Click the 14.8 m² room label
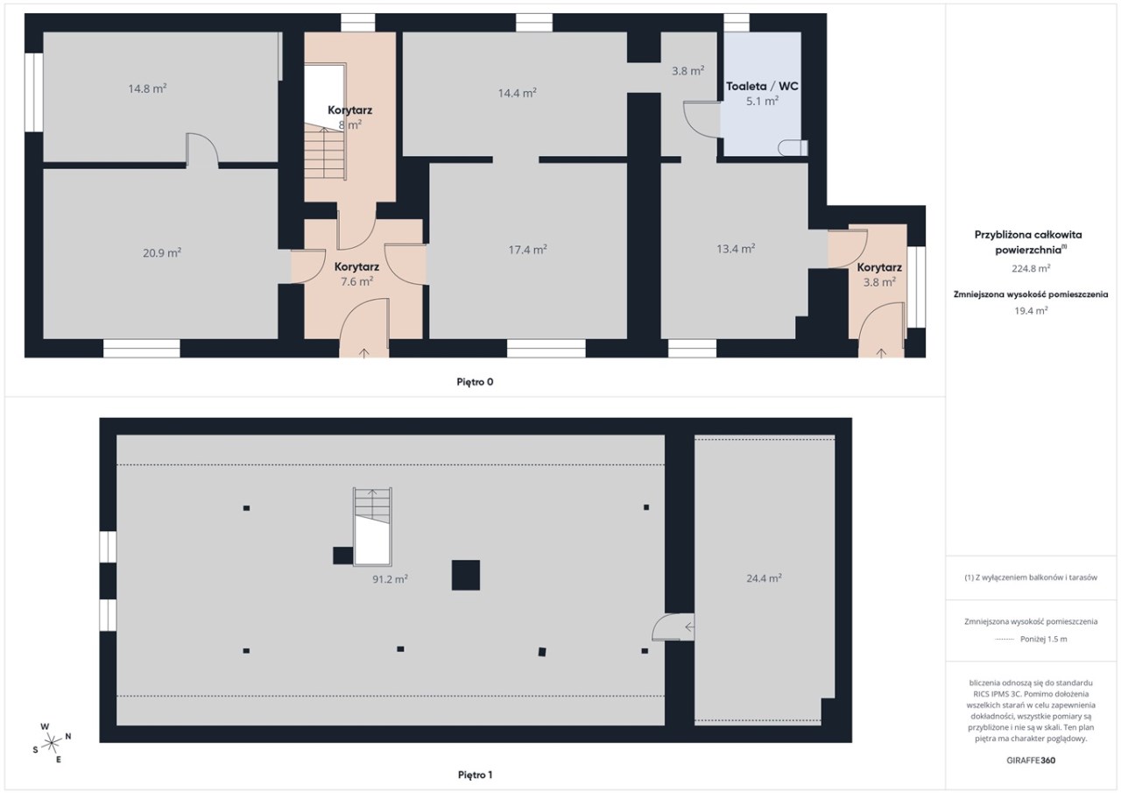147,89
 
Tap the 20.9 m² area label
162,253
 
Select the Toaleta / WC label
762,86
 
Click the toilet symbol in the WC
793,148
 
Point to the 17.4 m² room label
527,250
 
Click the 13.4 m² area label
736,249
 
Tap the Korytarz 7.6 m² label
356,274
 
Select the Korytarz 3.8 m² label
879,275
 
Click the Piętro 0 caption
475,382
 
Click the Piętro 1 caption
475,775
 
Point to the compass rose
52,743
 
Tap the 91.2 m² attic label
390,579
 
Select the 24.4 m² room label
764,578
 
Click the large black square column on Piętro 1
466,575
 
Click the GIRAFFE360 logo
1031,761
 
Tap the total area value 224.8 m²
1031,268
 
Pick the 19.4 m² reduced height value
1031,310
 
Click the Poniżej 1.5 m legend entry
1031,640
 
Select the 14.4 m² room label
518,93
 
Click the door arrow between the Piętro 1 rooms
689,627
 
